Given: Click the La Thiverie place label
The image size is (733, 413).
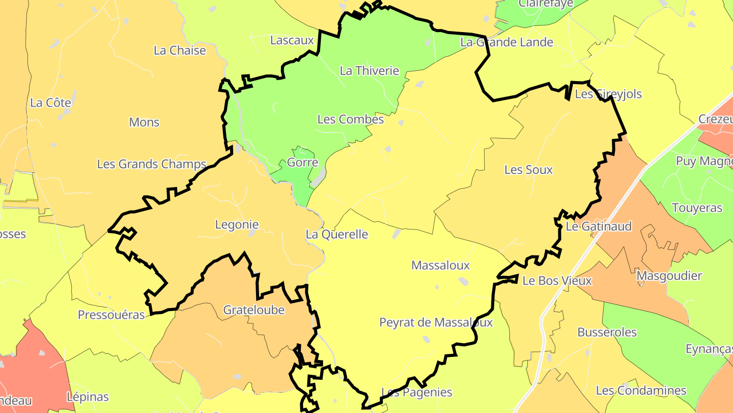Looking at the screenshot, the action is (370, 71).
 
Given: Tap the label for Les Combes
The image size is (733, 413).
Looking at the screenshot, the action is (351, 119).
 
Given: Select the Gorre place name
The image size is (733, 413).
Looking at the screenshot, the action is (303, 163).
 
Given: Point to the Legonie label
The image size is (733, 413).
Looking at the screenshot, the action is (237, 224).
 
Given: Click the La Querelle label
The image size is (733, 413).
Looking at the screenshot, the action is (337, 235).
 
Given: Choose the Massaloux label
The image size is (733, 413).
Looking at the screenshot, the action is (441, 266).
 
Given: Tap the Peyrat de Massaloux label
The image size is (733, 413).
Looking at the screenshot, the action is (436, 323).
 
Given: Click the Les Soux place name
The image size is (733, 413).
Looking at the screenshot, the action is (528, 170).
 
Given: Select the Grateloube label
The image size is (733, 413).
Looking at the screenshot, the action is (254, 310).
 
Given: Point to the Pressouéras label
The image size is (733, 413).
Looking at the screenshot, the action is (111, 315).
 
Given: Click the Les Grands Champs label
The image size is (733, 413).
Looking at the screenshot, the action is (152, 164).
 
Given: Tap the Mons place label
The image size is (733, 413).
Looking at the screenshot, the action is (145, 122).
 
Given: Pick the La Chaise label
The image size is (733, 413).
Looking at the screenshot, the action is (180, 50).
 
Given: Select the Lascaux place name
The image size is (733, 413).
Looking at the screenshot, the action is (292, 40).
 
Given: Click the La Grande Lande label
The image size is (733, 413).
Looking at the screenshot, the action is (507, 42).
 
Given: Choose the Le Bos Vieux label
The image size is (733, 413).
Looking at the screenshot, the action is (557, 281).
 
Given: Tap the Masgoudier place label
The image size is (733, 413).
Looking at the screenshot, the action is (669, 276).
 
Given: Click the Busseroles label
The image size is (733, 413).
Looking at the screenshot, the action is (607, 332).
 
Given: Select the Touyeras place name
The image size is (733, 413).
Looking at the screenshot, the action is (697, 208).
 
